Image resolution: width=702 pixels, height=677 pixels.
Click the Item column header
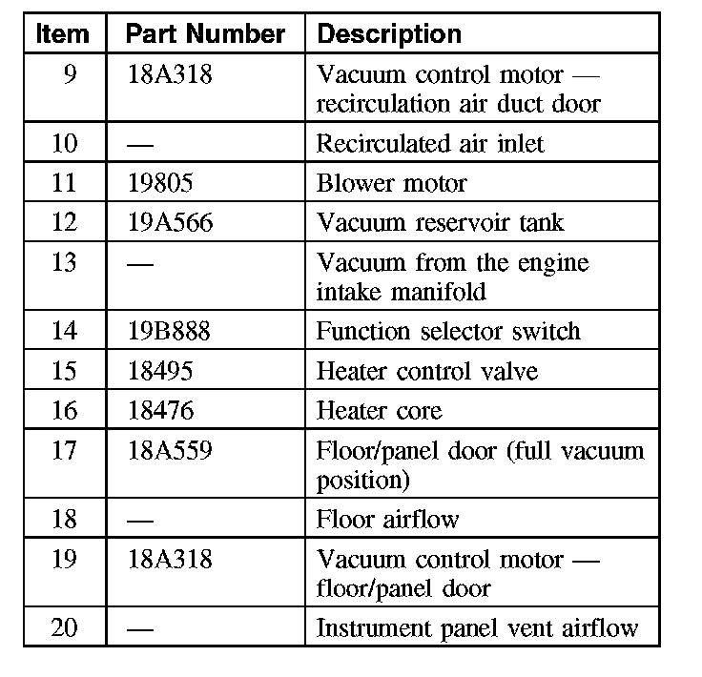(63, 35)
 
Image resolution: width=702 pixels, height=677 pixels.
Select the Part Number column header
(205, 35)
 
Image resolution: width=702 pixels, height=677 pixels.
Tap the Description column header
(388, 35)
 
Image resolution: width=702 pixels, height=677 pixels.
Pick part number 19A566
(170, 223)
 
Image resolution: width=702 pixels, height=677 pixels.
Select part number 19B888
(169, 332)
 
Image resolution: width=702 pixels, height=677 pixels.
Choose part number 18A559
(169, 450)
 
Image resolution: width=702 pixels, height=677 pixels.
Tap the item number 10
(64, 144)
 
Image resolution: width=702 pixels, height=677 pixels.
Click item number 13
(64, 262)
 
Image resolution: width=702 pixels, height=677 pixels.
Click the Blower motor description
(392, 183)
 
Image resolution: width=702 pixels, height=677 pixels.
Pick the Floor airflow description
(387, 520)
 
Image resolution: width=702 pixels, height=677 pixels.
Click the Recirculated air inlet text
(430, 144)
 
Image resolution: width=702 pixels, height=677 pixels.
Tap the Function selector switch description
(447, 332)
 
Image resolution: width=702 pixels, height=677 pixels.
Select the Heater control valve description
(426, 371)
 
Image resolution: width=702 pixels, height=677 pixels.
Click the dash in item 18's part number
(140, 520)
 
